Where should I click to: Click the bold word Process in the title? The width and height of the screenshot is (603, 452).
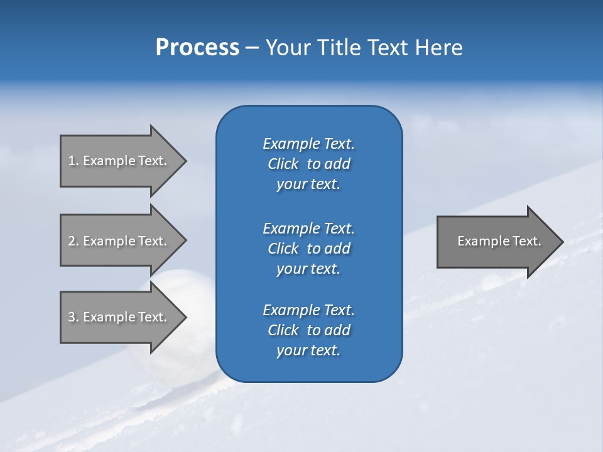[x=197, y=48]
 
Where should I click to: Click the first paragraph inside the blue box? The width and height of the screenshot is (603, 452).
[x=308, y=164]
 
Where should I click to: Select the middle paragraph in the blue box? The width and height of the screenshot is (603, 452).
[x=308, y=248]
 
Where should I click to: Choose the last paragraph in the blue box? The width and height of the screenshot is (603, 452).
[x=308, y=330]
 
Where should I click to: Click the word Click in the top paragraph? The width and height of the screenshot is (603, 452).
[x=283, y=164]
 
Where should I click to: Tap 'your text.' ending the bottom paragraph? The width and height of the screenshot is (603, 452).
[x=308, y=350]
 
